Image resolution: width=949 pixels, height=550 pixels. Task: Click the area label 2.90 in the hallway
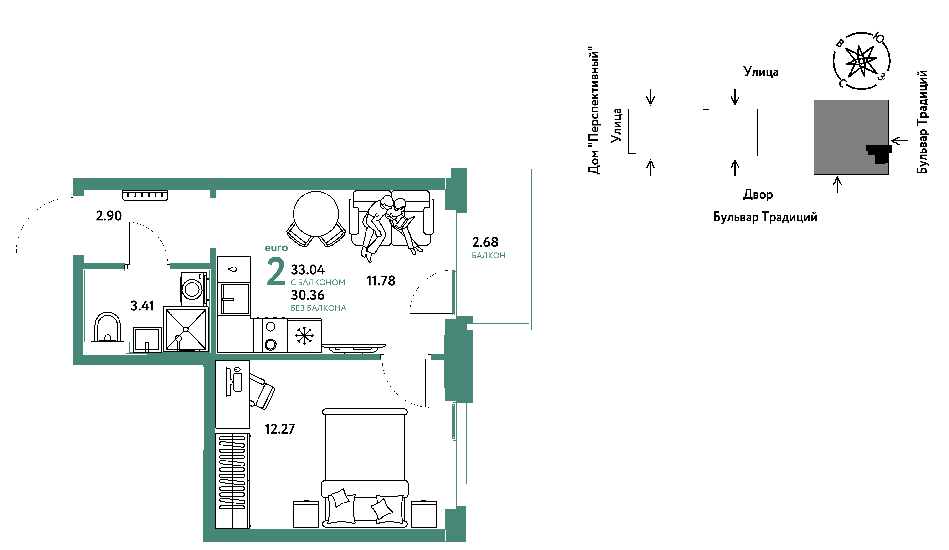[x=108, y=216]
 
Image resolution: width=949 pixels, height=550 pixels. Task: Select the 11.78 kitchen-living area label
[x=381, y=281]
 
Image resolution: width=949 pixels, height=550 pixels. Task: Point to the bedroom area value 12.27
[x=280, y=429]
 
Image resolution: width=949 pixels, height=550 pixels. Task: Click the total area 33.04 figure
[x=307, y=270]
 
